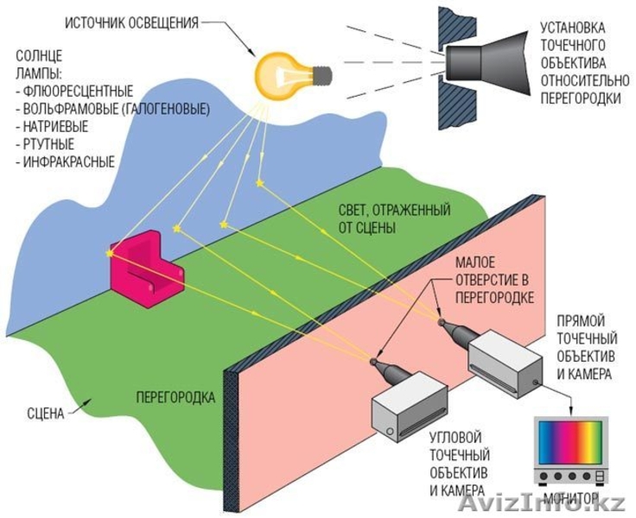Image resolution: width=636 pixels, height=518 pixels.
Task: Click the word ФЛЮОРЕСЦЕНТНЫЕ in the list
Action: [x=79, y=91]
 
